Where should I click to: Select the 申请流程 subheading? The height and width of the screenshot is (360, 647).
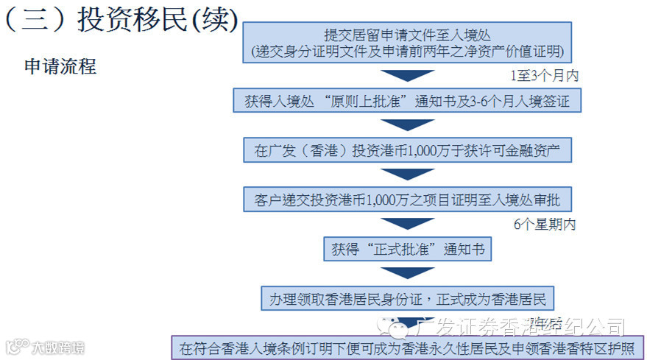point(60,66)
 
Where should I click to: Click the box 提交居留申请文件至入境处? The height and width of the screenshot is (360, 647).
point(407,34)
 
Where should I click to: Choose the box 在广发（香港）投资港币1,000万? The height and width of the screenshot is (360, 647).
point(407,151)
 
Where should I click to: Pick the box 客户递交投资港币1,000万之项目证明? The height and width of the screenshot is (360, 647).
point(407,200)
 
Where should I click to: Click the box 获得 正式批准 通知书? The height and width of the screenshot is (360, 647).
point(407,249)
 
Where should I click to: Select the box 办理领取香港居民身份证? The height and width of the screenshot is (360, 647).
point(407,299)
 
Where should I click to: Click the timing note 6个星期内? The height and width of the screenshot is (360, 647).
point(544,225)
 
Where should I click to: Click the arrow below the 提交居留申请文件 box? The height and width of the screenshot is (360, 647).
point(407,75)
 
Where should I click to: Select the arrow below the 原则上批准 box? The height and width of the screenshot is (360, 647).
point(407,125)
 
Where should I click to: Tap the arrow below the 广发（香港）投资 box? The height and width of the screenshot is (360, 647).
point(407,175)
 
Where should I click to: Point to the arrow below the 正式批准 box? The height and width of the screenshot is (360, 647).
point(407,273)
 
